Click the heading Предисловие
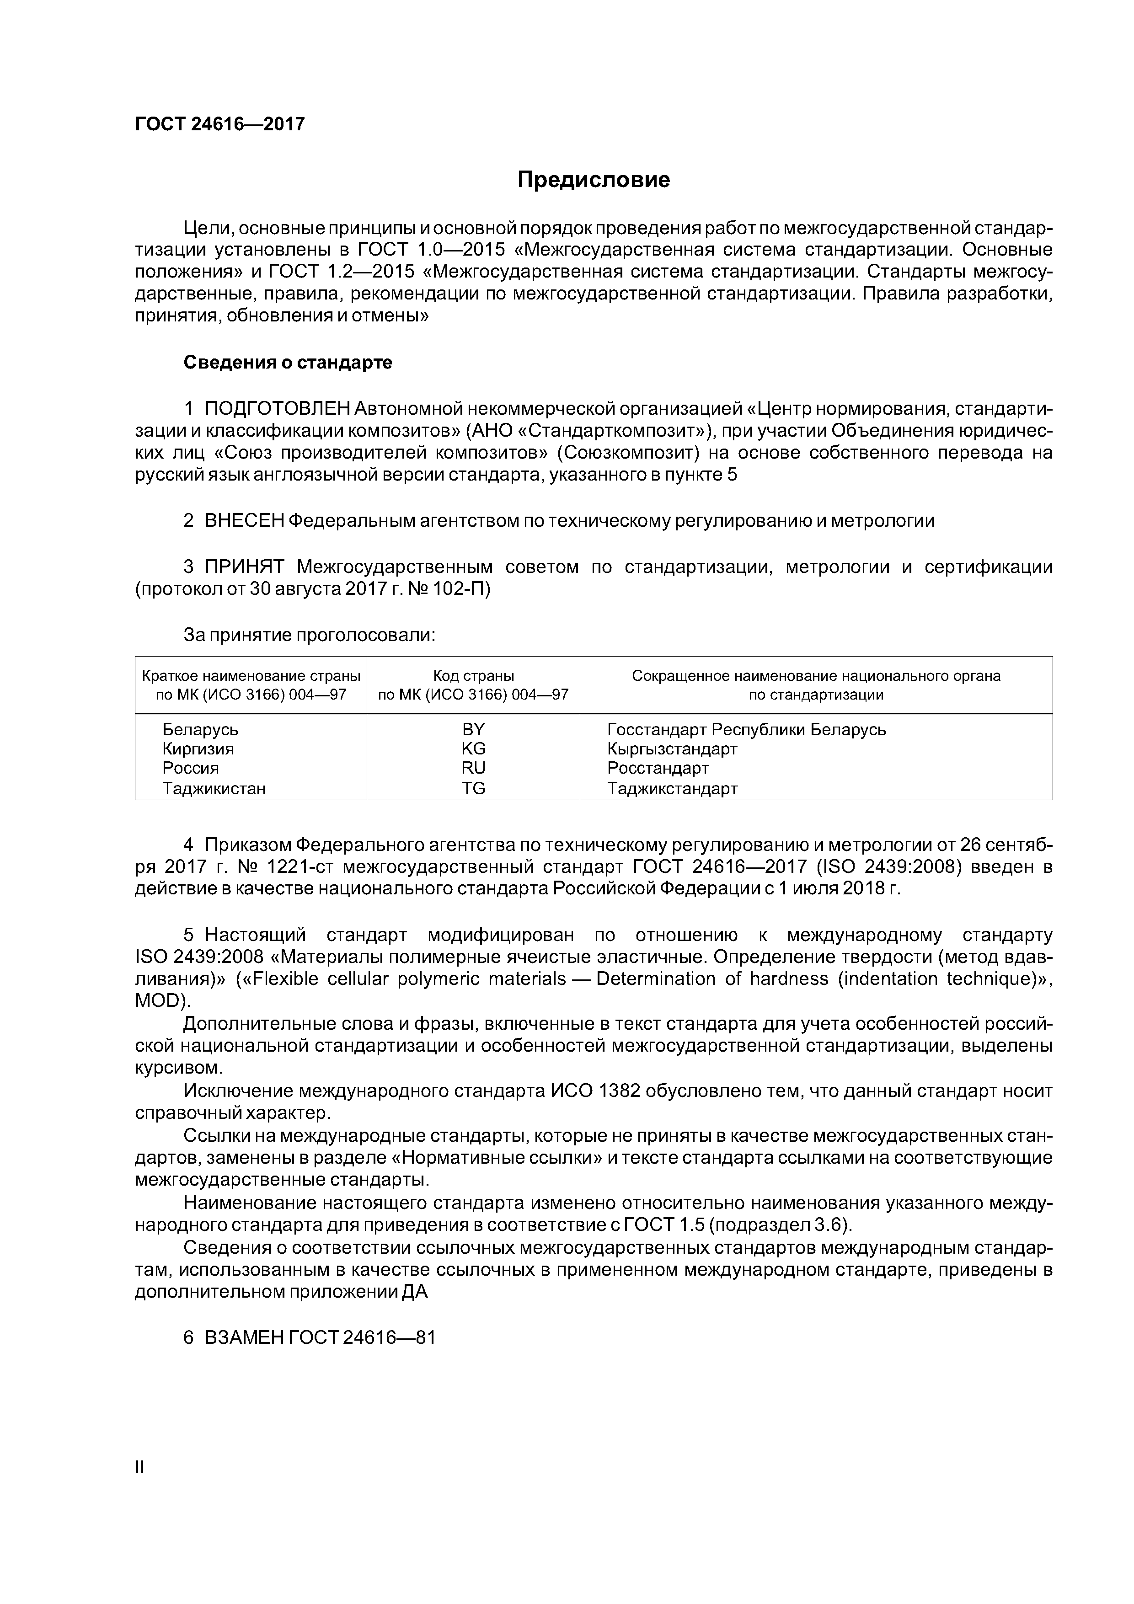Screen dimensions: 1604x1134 coord(593,180)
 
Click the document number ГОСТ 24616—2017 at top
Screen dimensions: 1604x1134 coord(219,124)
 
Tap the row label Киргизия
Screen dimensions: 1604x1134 coord(198,749)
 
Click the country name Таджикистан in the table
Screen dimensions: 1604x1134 coord(214,789)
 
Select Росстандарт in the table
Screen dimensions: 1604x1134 coord(658,769)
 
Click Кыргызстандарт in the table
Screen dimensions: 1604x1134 coord(672,749)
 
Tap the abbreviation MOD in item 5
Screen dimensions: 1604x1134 coord(157,1001)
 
